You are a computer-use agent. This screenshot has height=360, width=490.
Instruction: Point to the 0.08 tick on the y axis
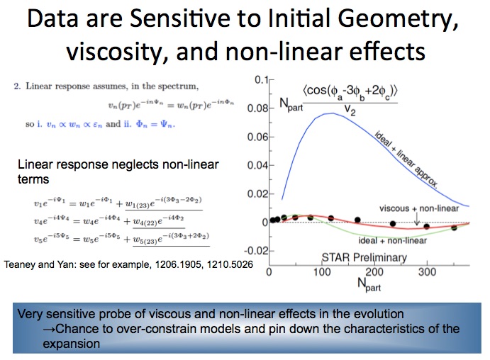coord(258,108)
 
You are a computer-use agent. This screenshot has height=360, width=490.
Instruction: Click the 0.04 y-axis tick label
coord(258,165)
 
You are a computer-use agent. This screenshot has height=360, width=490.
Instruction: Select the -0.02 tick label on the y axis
coord(256,251)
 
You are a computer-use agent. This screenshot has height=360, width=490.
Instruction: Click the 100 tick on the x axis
coord(322,272)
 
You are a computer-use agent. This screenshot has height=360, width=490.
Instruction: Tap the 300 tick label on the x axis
coord(427,272)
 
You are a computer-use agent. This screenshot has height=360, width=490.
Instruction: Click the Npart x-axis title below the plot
coord(369,285)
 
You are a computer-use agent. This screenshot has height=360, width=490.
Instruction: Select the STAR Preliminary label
coord(364,257)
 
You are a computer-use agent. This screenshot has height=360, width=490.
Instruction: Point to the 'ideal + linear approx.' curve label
coord(406,159)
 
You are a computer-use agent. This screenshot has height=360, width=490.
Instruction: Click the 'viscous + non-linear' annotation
coord(419,208)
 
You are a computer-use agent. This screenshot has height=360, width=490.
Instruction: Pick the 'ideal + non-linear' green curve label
coord(393,240)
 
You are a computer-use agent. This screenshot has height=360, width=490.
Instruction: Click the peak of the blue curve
coord(332,113)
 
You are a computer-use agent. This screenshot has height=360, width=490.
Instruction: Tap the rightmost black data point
coord(454,228)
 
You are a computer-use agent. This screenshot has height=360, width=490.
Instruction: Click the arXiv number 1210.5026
coord(230,265)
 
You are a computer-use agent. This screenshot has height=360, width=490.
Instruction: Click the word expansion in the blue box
coord(71,344)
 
